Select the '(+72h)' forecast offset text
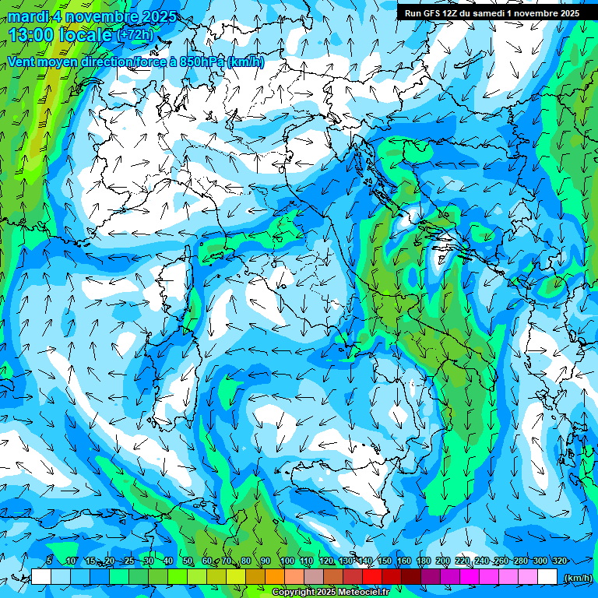pyautogui.click(x=135, y=35)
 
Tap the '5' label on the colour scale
pyautogui.click(x=49, y=561)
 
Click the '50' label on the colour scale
pyautogui.click(x=188, y=561)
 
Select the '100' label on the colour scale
pyautogui.click(x=287, y=561)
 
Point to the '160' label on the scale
pyautogui.click(x=403, y=561)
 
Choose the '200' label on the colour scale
pyautogui.click(x=442, y=561)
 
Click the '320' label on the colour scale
pyautogui.click(x=559, y=561)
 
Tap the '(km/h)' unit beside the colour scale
pyautogui.click(x=577, y=578)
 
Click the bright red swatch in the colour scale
pyautogui.click(x=372, y=577)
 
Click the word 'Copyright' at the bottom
pyautogui.click(x=295, y=593)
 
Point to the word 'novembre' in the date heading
pyautogui.click(x=104, y=16)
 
